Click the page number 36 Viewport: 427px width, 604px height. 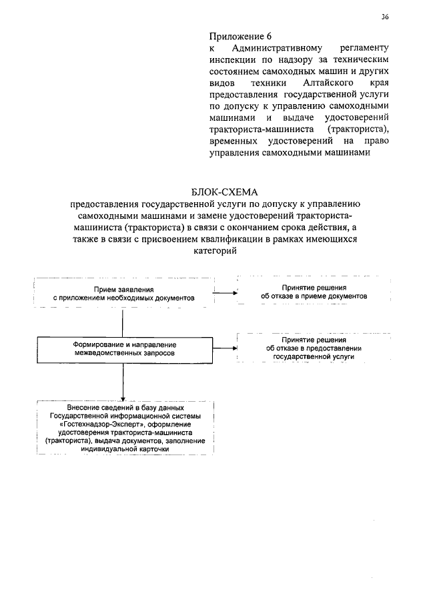point(385,17)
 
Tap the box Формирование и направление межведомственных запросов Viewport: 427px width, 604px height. point(125,347)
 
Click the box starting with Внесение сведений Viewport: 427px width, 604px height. point(125,428)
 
